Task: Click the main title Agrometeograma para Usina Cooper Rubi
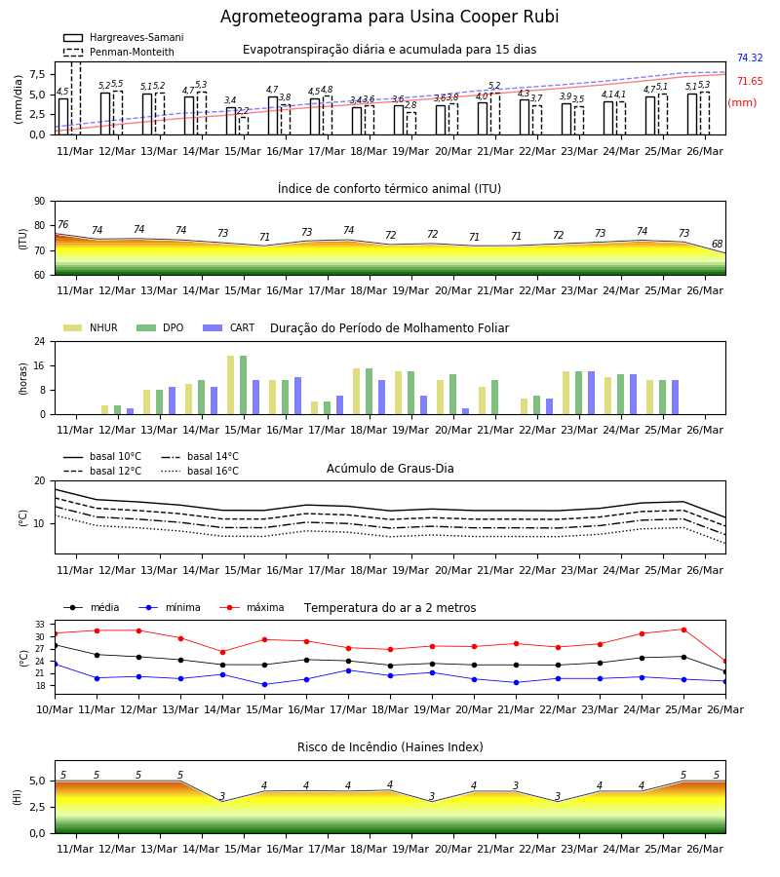pyautogui.click(x=389, y=17)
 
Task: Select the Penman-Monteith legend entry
pyautogui.click(x=119, y=52)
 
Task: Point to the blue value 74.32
pyautogui.click(x=750, y=57)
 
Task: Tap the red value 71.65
pyautogui.click(x=750, y=81)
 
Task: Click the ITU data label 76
pyautogui.click(x=62, y=224)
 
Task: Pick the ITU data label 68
pyautogui.click(x=717, y=244)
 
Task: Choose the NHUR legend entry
pyautogui.click(x=91, y=327)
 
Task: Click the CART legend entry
pyautogui.click(x=229, y=327)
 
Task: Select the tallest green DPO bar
pyautogui.click(x=244, y=385)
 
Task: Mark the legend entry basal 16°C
pyautogui.click(x=200, y=471)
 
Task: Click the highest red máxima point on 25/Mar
pyautogui.click(x=683, y=629)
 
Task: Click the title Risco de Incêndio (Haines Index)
pyautogui.click(x=390, y=747)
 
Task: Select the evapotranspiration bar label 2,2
pyautogui.click(x=243, y=111)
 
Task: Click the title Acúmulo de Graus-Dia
pyautogui.click(x=390, y=469)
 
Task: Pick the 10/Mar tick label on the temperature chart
pyautogui.click(x=55, y=709)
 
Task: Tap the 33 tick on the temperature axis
pyautogui.click(x=40, y=625)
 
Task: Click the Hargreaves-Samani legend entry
pyautogui.click(x=124, y=37)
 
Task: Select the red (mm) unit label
pyautogui.click(x=742, y=103)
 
